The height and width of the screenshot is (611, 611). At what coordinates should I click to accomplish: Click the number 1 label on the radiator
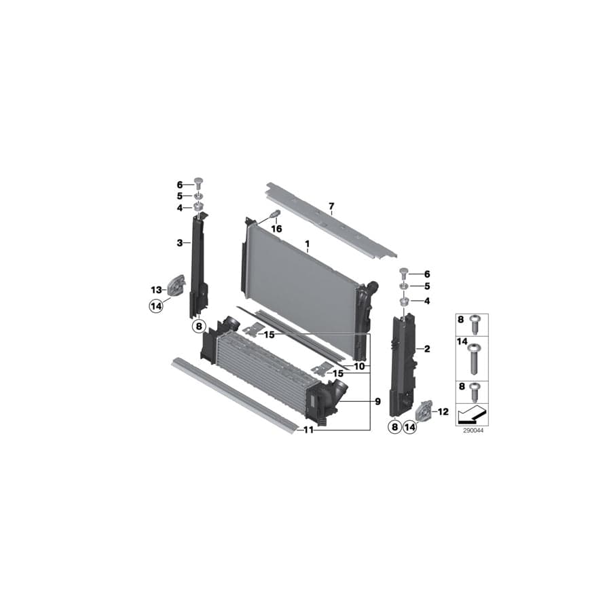(x=307, y=243)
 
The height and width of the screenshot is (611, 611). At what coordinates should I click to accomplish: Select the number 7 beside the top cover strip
(x=331, y=206)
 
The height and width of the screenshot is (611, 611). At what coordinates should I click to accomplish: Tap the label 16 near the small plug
(x=276, y=229)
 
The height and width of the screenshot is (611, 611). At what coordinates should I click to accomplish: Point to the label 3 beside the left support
(x=180, y=242)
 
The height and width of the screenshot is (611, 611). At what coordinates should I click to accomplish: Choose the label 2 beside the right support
(x=427, y=349)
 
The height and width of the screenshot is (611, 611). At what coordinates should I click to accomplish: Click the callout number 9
(x=377, y=402)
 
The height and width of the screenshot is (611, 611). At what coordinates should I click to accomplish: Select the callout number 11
(x=309, y=430)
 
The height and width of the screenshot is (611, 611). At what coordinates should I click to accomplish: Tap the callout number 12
(x=443, y=411)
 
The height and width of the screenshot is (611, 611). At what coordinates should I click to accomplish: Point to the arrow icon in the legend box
(x=470, y=411)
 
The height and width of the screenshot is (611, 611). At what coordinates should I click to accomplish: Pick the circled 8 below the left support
(x=199, y=327)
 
